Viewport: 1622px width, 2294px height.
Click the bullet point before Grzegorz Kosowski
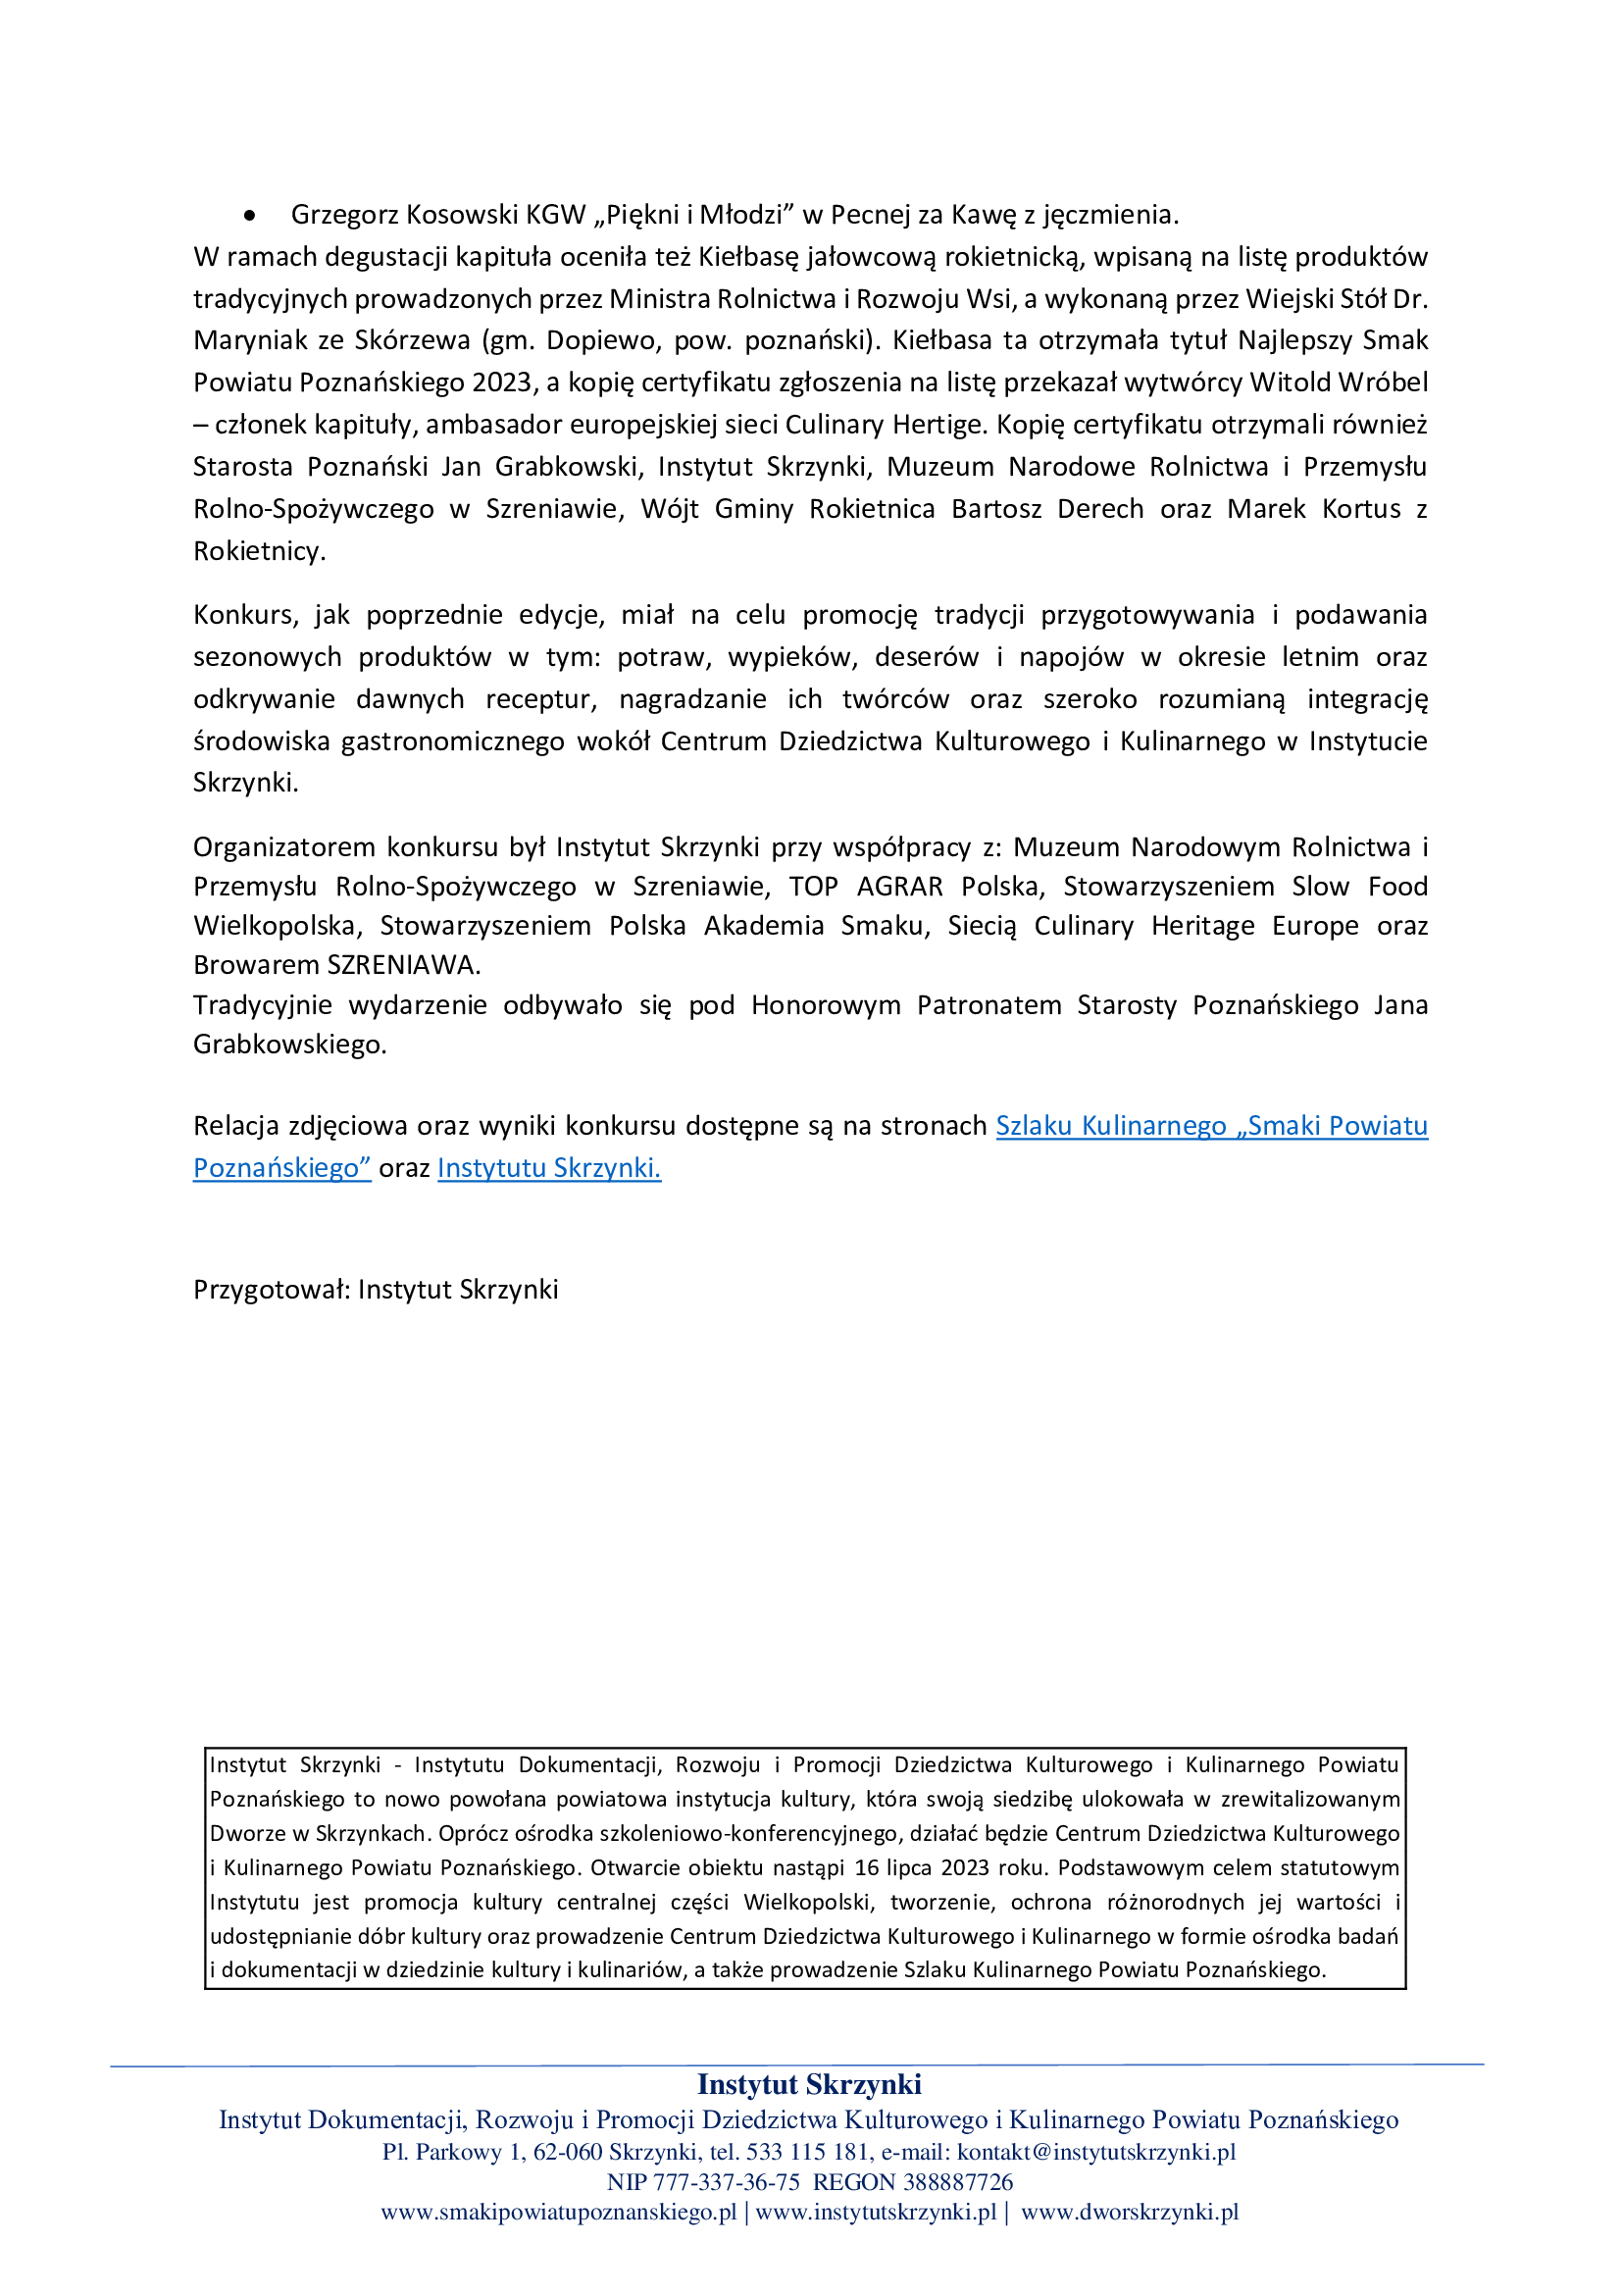(249, 215)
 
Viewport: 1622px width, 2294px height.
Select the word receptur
(540, 699)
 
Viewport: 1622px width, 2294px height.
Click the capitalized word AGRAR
(899, 888)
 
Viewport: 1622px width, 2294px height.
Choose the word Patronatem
(988, 1005)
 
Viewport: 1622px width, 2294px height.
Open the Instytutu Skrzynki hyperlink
(548, 1168)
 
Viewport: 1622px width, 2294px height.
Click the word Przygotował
(271, 1290)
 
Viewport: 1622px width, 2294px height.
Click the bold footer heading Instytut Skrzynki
(809, 2084)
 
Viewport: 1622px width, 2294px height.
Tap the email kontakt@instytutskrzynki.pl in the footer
(1095, 2151)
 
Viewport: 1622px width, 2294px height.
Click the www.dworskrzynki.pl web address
(1130, 2212)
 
